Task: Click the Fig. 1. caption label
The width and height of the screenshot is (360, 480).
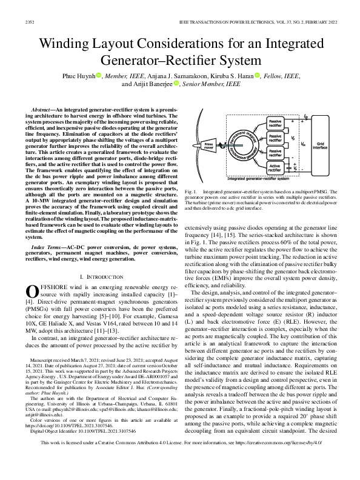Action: click(190, 191)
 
